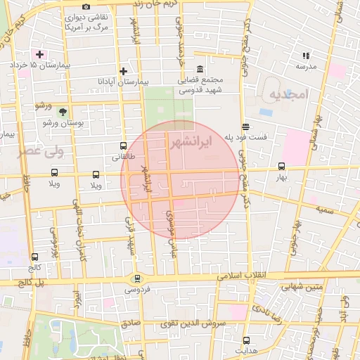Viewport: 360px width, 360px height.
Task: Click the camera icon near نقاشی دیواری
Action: pyautogui.click(x=86, y=7)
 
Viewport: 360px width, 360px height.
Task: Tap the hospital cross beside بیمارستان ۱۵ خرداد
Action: pyautogui.click(x=39, y=53)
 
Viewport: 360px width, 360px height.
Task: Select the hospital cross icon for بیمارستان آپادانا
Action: pyautogui.click(x=124, y=71)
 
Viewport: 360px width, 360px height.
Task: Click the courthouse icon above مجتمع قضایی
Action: pyautogui.click(x=200, y=68)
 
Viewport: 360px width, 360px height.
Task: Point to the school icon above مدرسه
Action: pyautogui.click(x=306, y=55)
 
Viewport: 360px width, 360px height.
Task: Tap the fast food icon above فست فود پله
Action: pyautogui.click(x=245, y=127)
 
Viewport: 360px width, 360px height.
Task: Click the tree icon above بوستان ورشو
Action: pyautogui.click(x=64, y=112)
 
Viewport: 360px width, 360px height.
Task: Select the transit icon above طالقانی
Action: pyautogui.click(x=124, y=146)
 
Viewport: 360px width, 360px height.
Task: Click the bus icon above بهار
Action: pyautogui.click(x=282, y=167)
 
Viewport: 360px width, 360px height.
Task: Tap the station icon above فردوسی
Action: pyautogui.click(x=138, y=278)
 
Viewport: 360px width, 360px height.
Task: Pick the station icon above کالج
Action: pyautogui.click(x=34, y=257)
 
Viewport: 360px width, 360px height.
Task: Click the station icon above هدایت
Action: pyautogui.click(x=246, y=339)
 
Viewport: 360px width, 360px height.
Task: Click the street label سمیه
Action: pyautogui.click(x=325, y=210)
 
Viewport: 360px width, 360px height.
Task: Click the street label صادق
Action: pyautogui.click(x=131, y=323)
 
